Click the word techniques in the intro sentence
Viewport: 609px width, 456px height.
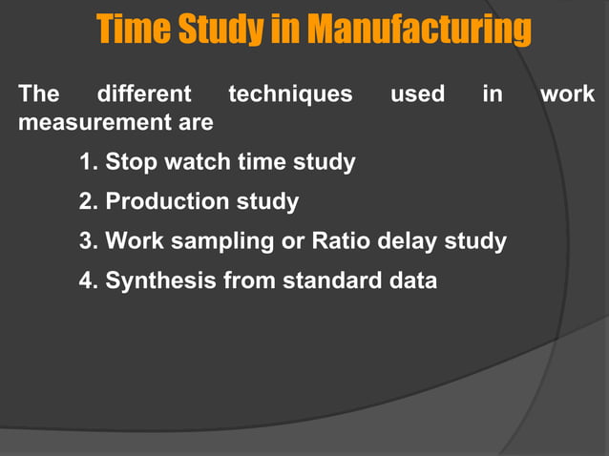(x=290, y=94)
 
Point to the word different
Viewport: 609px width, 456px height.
(x=144, y=94)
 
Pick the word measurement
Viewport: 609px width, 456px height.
(x=82, y=123)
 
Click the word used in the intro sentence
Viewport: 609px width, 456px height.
(x=417, y=94)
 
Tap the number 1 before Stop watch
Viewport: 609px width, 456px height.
(x=88, y=162)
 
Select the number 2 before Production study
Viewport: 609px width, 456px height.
(x=88, y=202)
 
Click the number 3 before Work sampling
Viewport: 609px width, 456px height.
(x=88, y=241)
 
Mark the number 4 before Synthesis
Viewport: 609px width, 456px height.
(x=88, y=281)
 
